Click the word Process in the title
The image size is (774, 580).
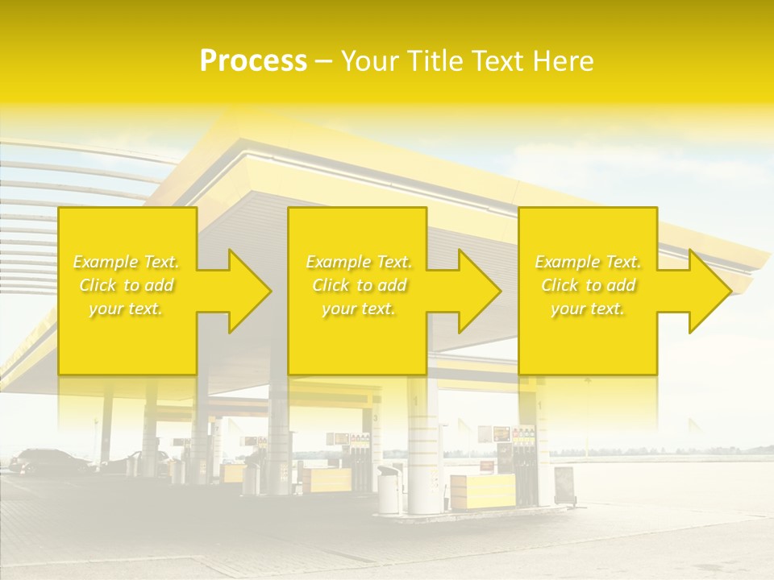pyautogui.click(x=253, y=61)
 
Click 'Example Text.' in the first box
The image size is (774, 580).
pyautogui.click(x=127, y=262)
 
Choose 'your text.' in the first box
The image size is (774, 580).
pyautogui.click(x=127, y=309)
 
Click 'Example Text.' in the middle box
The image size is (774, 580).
pyautogui.click(x=359, y=262)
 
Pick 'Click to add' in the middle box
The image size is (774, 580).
pyautogui.click(x=359, y=285)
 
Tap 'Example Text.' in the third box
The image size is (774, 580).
pyautogui.click(x=588, y=262)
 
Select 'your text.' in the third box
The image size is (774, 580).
pyautogui.click(x=588, y=309)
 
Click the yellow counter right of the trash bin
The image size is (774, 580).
pyautogui.click(x=482, y=491)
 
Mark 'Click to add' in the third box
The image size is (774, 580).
pyautogui.click(x=588, y=285)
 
